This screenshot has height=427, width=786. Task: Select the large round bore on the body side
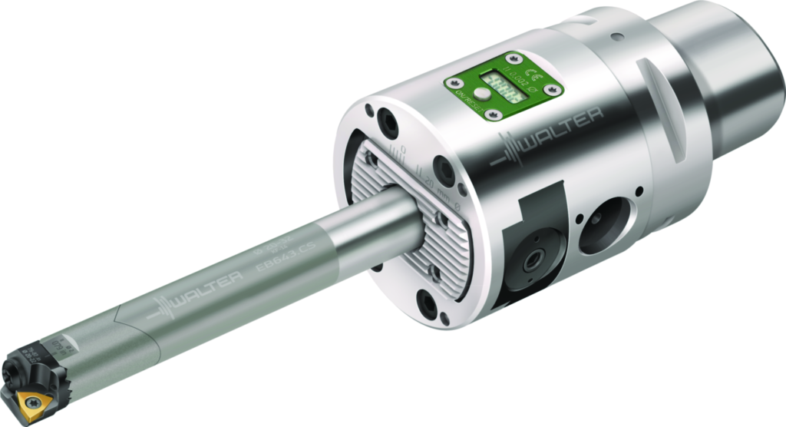[603, 226]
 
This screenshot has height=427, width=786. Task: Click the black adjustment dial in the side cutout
[530, 262]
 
